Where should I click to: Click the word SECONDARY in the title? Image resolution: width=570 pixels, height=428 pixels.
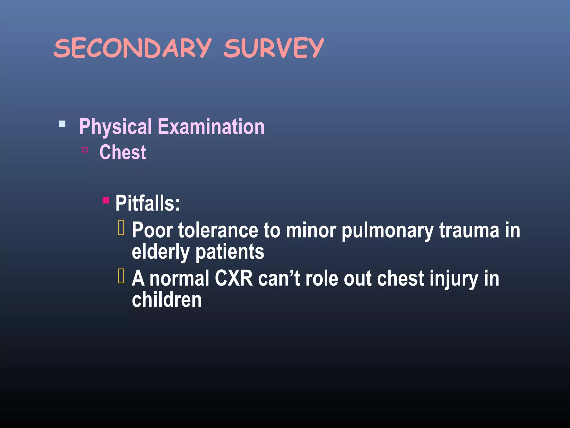[x=132, y=48]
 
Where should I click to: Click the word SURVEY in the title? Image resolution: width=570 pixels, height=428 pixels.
[x=274, y=48]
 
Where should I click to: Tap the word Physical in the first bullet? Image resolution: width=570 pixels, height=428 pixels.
[x=115, y=127]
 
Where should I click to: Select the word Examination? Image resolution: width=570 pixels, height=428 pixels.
[x=211, y=127]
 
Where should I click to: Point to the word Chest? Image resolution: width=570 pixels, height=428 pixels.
[x=123, y=152]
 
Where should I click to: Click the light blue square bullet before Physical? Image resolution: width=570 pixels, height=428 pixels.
[x=62, y=124]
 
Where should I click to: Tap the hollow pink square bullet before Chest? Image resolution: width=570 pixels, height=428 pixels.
[x=85, y=150]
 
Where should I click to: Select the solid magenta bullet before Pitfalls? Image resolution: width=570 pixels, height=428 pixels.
[x=106, y=200]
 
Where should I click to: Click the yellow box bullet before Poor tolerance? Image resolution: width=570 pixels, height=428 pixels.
[x=121, y=228]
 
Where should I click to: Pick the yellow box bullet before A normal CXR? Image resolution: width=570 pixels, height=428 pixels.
[x=121, y=276]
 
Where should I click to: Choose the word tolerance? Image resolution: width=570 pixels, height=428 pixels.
[x=218, y=230]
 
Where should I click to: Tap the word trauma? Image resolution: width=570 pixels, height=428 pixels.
[x=469, y=230]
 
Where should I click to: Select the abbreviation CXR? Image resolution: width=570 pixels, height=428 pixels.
[x=234, y=278]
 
